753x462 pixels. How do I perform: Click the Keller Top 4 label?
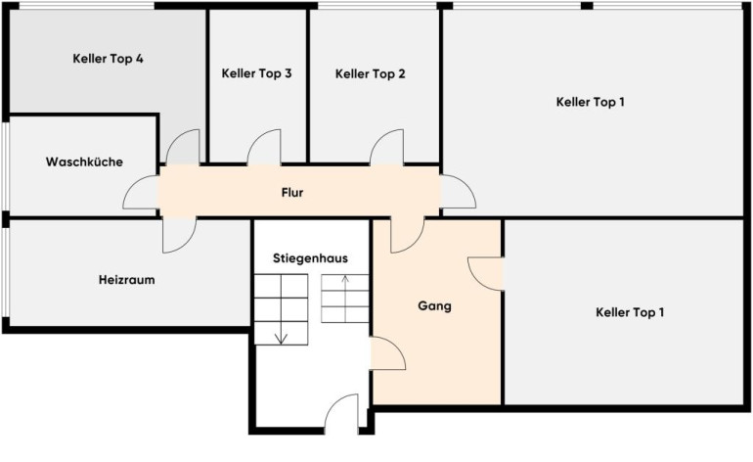pyautogui.click(x=108, y=59)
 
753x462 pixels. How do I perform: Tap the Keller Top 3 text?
pyautogui.click(x=256, y=73)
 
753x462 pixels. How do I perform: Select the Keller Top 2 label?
pyautogui.click(x=371, y=74)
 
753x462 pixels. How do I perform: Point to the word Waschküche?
pyautogui.click(x=84, y=162)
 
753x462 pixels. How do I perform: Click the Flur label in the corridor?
pyautogui.click(x=292, y=192)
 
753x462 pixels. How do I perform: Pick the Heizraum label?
pyautogui.click(x=127, y=280)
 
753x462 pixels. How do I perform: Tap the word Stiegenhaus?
pyautogui.click(x=310, y=258)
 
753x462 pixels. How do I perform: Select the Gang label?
pyautogui.click(x=434, y=305)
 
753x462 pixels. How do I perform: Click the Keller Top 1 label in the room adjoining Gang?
pyautogui.click(x=630, y=312)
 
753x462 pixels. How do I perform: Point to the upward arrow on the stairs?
pyautogui.click(x=345, y=299)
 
